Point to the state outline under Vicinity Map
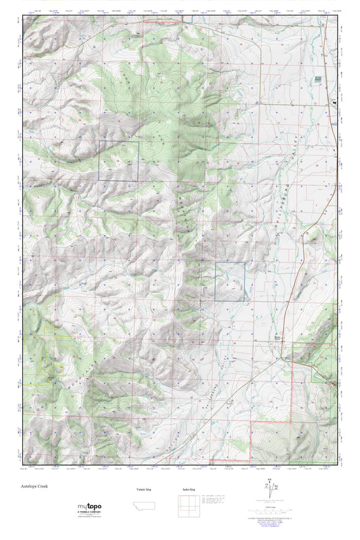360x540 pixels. click(144, 506)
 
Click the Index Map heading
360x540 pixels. click(188, 489)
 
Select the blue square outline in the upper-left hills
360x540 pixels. click(119, 161)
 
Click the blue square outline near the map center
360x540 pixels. click(231, 281)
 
